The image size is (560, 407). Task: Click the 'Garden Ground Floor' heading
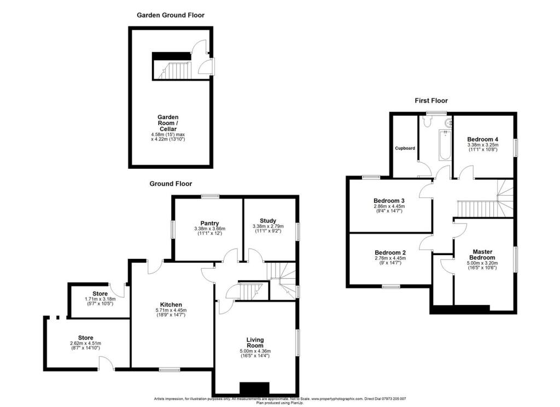[170, 15]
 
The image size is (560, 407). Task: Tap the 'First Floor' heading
[430, 101]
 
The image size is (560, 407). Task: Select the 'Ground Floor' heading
[171, 184]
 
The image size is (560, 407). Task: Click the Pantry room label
[209, 223]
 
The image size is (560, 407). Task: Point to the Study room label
[268, 221]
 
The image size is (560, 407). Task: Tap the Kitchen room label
[171, 304]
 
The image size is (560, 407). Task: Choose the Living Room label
[255, 342]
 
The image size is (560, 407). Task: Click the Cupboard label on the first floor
[405, 148]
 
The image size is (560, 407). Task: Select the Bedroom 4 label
[482, 139]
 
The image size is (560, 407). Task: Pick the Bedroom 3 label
[389, 200]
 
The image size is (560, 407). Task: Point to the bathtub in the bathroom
[445, 145]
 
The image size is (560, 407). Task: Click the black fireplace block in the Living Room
[255, 387]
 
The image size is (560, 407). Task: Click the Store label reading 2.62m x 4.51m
[85, 338]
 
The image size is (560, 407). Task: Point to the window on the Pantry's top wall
[209, 197]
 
